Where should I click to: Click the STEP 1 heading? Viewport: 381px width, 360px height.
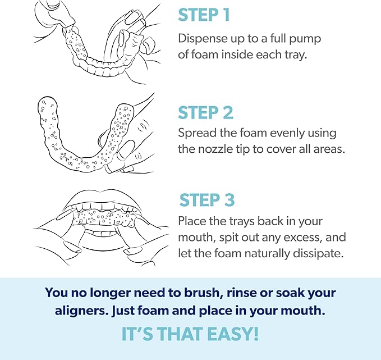204,15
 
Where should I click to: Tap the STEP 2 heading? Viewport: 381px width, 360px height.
205,112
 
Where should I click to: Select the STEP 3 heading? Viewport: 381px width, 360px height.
207,200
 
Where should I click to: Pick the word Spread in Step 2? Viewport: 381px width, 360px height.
196,134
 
